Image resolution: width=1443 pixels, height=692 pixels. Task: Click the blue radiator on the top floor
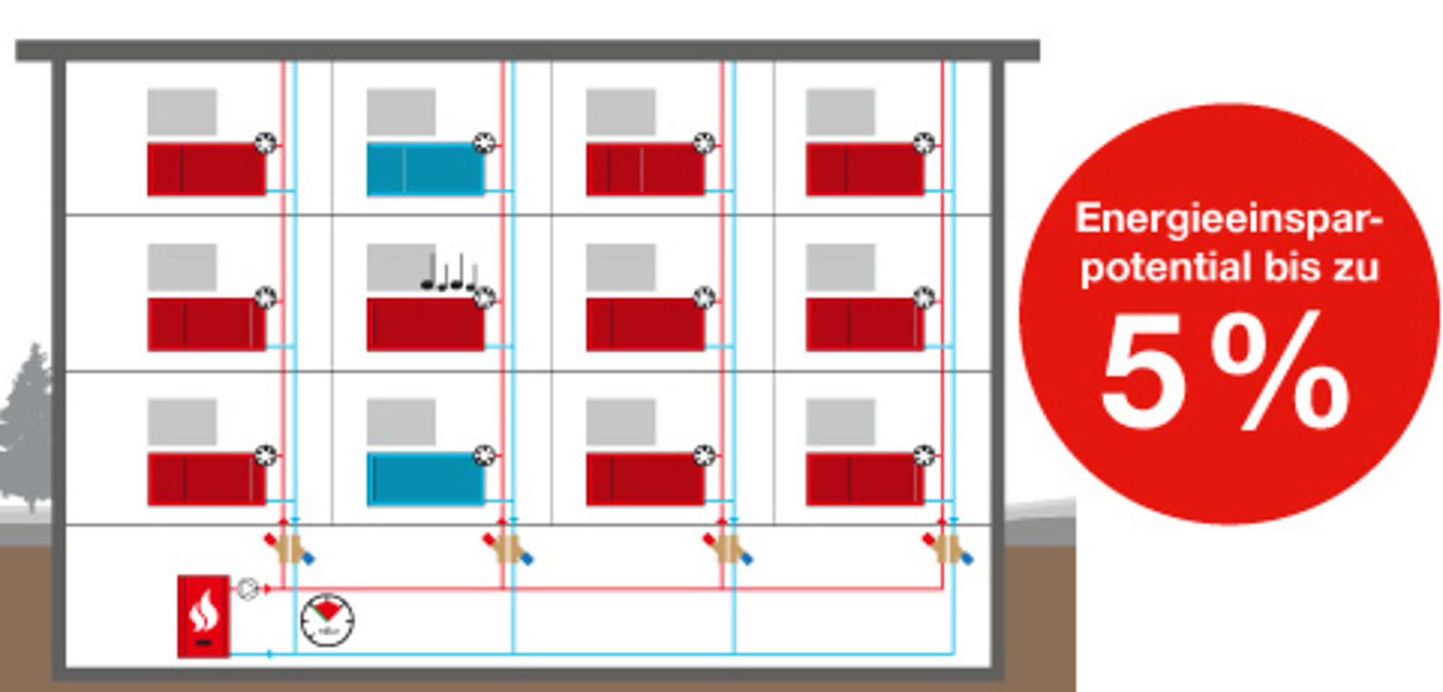(426, 169)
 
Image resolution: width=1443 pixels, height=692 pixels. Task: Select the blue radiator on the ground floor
(426, 478)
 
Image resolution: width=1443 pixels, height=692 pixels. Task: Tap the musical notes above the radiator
(449, 272)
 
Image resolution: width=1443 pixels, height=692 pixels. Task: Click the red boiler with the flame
(203, 616)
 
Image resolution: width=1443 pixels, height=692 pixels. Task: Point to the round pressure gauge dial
(328, 620)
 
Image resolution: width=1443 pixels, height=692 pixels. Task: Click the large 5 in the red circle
(1141, 372)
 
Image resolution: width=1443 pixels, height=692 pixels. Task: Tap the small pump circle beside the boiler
(247, 589)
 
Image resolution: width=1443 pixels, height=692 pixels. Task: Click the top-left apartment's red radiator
(206, 169)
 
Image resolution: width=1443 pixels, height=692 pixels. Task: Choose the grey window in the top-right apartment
(841, 112)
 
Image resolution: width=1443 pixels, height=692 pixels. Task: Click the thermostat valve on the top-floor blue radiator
(484, 143)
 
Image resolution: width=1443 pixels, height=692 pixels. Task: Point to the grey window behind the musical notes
(401, 267)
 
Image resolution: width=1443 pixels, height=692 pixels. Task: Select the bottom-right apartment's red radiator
(865, 478)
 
